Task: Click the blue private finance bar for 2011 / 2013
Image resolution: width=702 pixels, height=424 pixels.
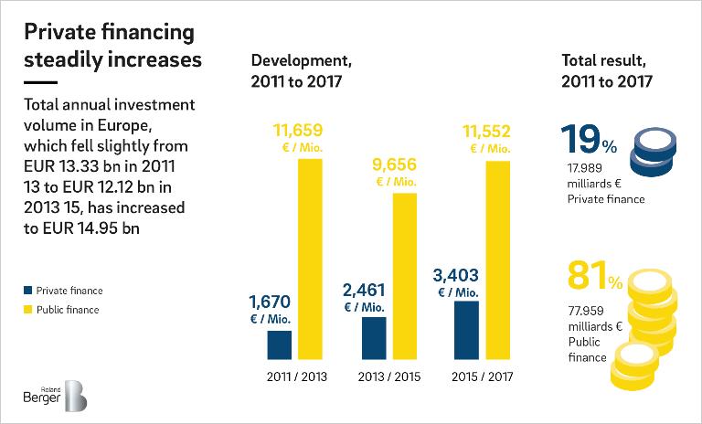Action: click(279, 344)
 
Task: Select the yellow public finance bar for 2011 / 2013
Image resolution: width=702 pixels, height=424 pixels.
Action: click(310, 259)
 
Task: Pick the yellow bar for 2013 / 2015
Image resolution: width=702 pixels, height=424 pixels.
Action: click(404, 275)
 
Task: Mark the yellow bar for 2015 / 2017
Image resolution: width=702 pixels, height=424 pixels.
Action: click(498, 260)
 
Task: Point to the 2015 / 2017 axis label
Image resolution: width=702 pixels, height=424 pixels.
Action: click(483, 376)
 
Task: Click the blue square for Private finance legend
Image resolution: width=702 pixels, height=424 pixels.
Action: click(28, 291)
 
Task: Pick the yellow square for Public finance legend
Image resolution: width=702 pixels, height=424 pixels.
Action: click(28, 311)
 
